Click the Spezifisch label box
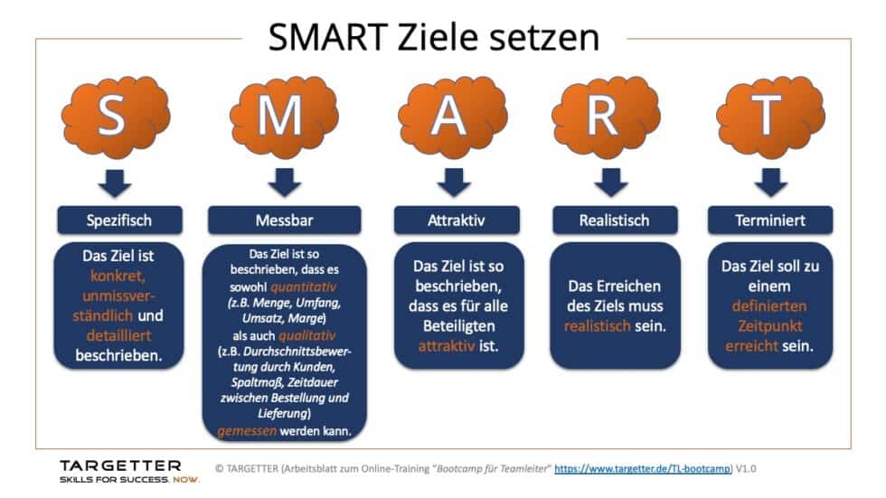tap(117, 220)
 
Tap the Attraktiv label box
tap(457, 220)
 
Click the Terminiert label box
tap(769, 220)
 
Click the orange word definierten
tap(769, 305)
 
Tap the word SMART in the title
tap(333, 38)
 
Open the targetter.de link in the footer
tap(630, 470)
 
